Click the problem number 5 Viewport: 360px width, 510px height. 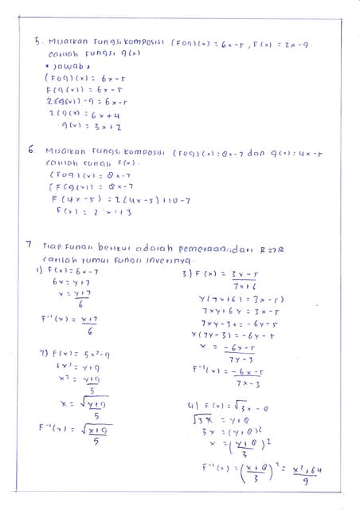tap(37, 38)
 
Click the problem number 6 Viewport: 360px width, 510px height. tap(30, 148)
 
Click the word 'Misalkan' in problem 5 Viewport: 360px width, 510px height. tap(63, 38)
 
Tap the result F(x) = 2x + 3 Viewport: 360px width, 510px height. tap(82, 212)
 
